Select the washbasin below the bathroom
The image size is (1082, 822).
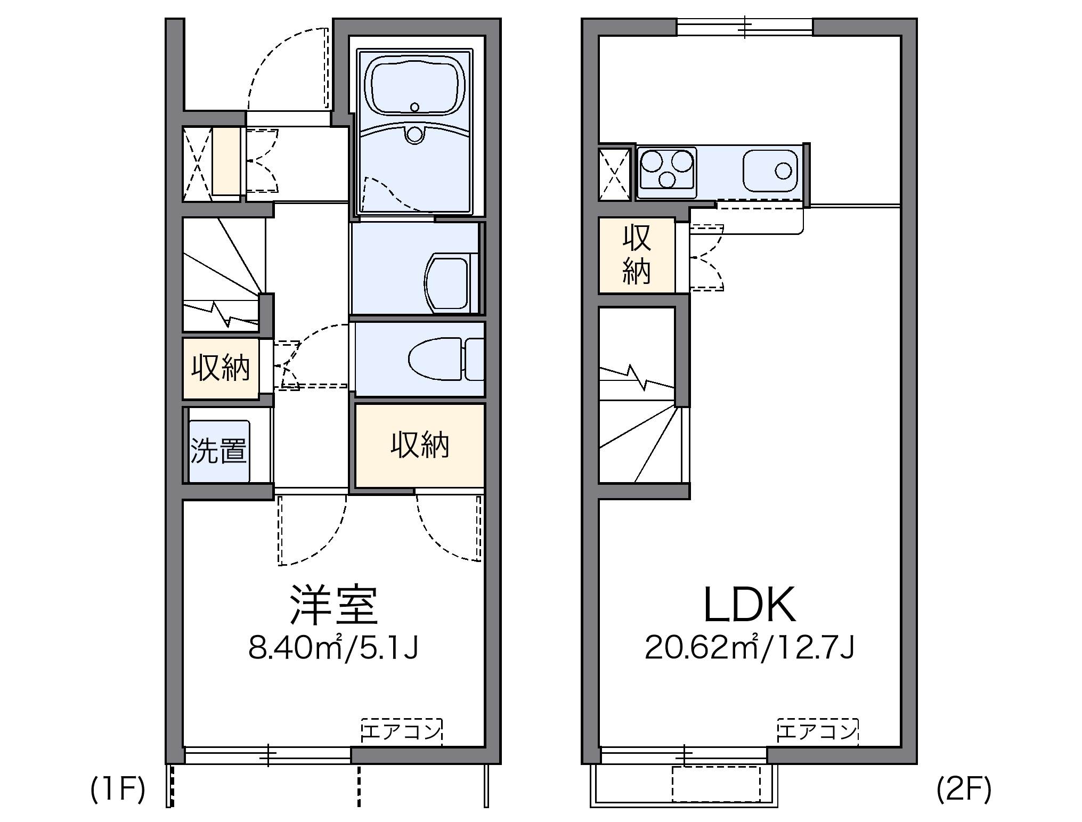tap(448, 283)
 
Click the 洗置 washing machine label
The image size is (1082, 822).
tap(218, 451)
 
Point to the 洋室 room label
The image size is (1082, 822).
tap(333, 605)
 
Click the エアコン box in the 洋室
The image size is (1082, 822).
tap(402, 731)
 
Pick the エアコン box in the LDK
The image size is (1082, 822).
tap(817, 731)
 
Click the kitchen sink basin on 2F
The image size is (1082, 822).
tap(770, 170)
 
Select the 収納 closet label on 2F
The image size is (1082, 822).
tap(637, 255)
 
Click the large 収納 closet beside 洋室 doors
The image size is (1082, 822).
tap(420, 445)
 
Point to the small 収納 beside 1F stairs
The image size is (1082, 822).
tap(221, 368)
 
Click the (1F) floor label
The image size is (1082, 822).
tap(118, 790)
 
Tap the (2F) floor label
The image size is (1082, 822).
tap(964, 790)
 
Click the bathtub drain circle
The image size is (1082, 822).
tap(415, 107)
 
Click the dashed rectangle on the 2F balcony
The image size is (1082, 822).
tap(716, 784)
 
